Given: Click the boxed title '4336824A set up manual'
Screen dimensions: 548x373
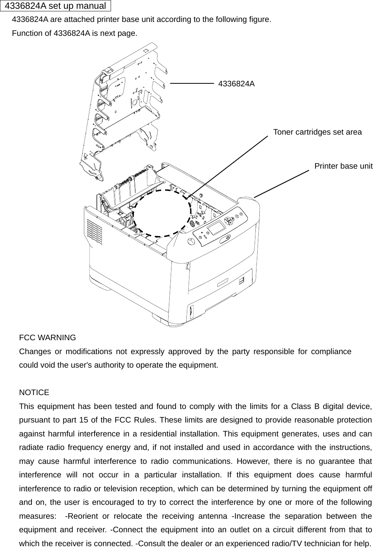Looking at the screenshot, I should (x=55, y=6).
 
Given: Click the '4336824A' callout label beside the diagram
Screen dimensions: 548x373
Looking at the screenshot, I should (x=236, y=84).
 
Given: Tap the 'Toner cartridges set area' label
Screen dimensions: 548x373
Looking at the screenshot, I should (x=317, y=132).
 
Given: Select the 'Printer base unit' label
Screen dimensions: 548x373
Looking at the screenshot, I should (x=343, y=166).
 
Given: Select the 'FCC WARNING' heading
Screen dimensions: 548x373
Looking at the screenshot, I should (x=47, y=338).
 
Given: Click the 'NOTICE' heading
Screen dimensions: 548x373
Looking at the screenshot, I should (x=34, y=393).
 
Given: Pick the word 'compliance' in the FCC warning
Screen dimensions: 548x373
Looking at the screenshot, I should (x=331, y=352).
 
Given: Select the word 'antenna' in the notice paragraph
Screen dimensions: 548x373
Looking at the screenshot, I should (x=213, y=516).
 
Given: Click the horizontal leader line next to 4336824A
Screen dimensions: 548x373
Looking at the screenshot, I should (x=192, y=84).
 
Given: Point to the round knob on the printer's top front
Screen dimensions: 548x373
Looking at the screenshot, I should (x=191, y=242).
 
